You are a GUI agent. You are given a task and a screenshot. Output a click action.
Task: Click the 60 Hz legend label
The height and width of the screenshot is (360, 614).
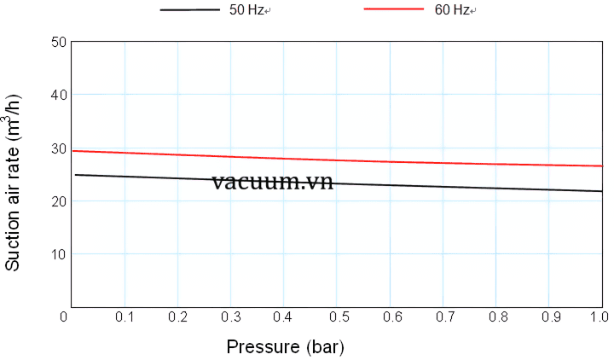coord(453,10)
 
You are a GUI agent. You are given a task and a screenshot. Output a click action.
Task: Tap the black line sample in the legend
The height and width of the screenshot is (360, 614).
coord(189,9)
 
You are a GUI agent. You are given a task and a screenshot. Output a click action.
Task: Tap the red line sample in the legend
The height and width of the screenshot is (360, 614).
coord(393,9)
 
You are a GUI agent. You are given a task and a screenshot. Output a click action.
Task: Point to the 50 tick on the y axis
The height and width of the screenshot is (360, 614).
coord(59,41)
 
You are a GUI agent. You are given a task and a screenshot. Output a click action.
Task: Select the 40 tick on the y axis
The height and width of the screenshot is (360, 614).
coord(59,95)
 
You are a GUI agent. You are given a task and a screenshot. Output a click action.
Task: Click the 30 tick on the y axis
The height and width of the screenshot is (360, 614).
coord(59,148)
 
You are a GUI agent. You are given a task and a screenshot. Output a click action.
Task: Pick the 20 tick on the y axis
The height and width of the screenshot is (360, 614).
coord(59,201)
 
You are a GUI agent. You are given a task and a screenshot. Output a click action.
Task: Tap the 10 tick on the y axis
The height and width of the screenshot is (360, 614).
coord(59,254)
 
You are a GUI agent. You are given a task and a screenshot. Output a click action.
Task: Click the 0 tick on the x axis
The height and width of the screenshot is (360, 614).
coord(63,317)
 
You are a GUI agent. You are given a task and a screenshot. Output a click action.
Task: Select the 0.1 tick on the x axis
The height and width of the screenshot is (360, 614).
coord(125,317)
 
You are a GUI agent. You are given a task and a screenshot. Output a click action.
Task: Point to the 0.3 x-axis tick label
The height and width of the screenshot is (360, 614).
coord(231,317)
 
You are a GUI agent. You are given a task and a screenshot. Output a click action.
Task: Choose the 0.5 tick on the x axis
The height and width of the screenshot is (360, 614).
coord(337,317)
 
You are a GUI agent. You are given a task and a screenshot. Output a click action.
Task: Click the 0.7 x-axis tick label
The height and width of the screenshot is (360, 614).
coord(443,317)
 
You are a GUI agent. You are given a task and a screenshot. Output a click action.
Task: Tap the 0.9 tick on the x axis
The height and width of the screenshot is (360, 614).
coord(548,317)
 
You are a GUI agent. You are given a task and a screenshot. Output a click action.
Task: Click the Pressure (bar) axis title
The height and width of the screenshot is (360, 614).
coord(285,347)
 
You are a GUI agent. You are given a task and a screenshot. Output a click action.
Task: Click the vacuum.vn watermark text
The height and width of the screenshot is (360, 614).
coord(273,181)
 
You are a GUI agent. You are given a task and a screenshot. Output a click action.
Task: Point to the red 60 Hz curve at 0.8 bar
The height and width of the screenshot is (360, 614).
coord(495,164)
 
